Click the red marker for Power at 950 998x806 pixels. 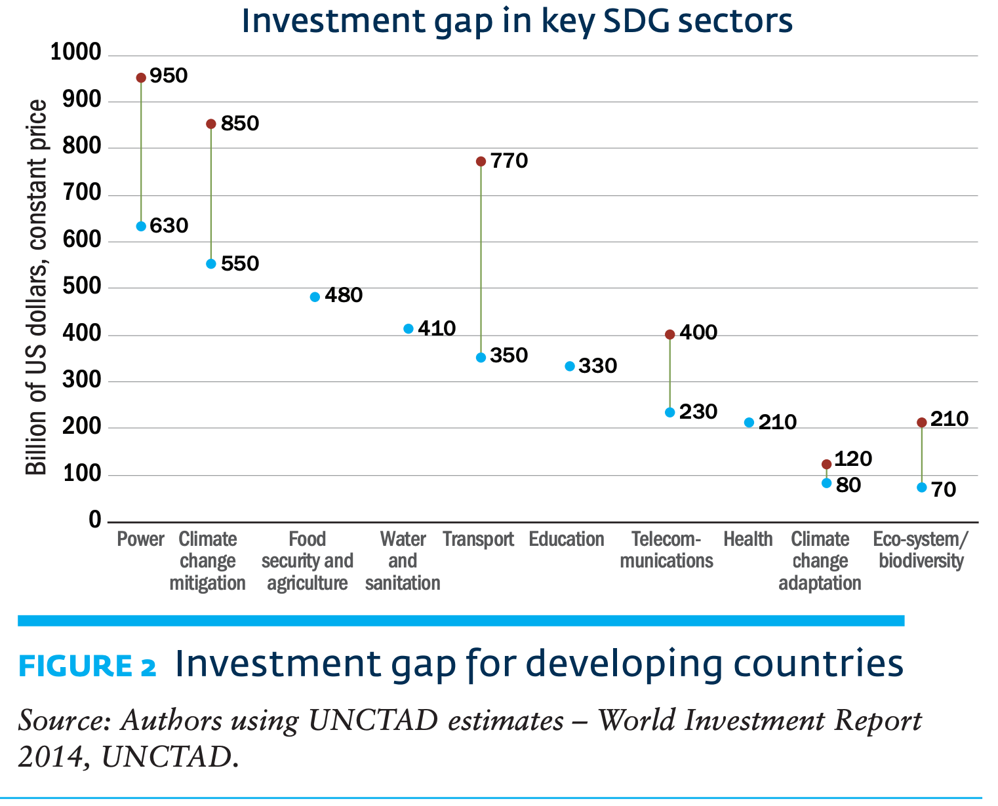[141, 78]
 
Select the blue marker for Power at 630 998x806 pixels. [141, 226]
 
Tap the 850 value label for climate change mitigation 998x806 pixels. [239, 123]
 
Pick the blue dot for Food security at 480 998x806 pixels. [315, 297]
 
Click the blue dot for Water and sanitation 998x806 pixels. [409, 328]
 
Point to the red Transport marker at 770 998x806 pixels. [481, 161]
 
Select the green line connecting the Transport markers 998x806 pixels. [481, 262]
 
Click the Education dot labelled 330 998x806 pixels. [570, 366]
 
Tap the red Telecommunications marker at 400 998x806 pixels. [669, 334]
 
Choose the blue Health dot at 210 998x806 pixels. [749, 423]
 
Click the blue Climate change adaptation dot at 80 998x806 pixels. [826, 483]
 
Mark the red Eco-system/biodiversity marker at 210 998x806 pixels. [921, 423]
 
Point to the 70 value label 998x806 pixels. [944, 489]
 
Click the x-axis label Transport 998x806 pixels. [478, 539]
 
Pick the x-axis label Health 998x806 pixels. [748, 539]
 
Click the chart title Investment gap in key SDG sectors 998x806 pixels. [517, 21]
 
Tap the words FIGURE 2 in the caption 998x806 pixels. [87, 666]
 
